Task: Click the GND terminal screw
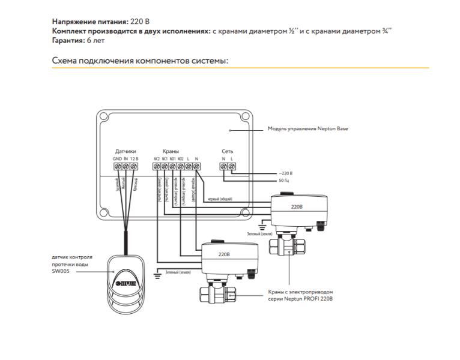coord(117,166)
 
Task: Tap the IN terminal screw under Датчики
coord(126,166)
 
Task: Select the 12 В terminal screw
coord(134,166)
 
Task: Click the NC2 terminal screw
coord(157,166)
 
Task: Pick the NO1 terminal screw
coord(172,166)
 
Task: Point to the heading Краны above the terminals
coord(171,151)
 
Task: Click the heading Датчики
coord(126,151)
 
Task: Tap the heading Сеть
coord(228,151)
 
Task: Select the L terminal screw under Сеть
coord(232,166)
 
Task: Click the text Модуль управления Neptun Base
coord(307,128)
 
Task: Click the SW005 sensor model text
coord(62,271)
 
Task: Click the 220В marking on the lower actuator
coord(223,254)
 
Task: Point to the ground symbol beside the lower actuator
coord(157,275)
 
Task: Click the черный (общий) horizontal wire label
coord(219,199)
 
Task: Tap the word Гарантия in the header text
coord(69,40)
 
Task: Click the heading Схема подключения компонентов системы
coord(141,61)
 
